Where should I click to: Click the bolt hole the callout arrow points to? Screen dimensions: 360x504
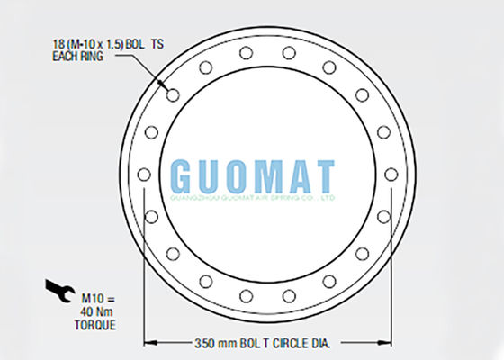173,94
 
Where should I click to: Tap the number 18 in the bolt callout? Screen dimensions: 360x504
59,43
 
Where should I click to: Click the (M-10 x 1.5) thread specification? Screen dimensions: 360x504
102,43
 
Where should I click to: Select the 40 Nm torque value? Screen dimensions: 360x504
97,310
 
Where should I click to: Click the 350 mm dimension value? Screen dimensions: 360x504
214,343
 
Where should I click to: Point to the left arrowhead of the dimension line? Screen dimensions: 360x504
150,343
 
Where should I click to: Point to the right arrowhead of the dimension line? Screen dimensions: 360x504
389,343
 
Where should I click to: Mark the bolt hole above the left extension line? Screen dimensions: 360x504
151,216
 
